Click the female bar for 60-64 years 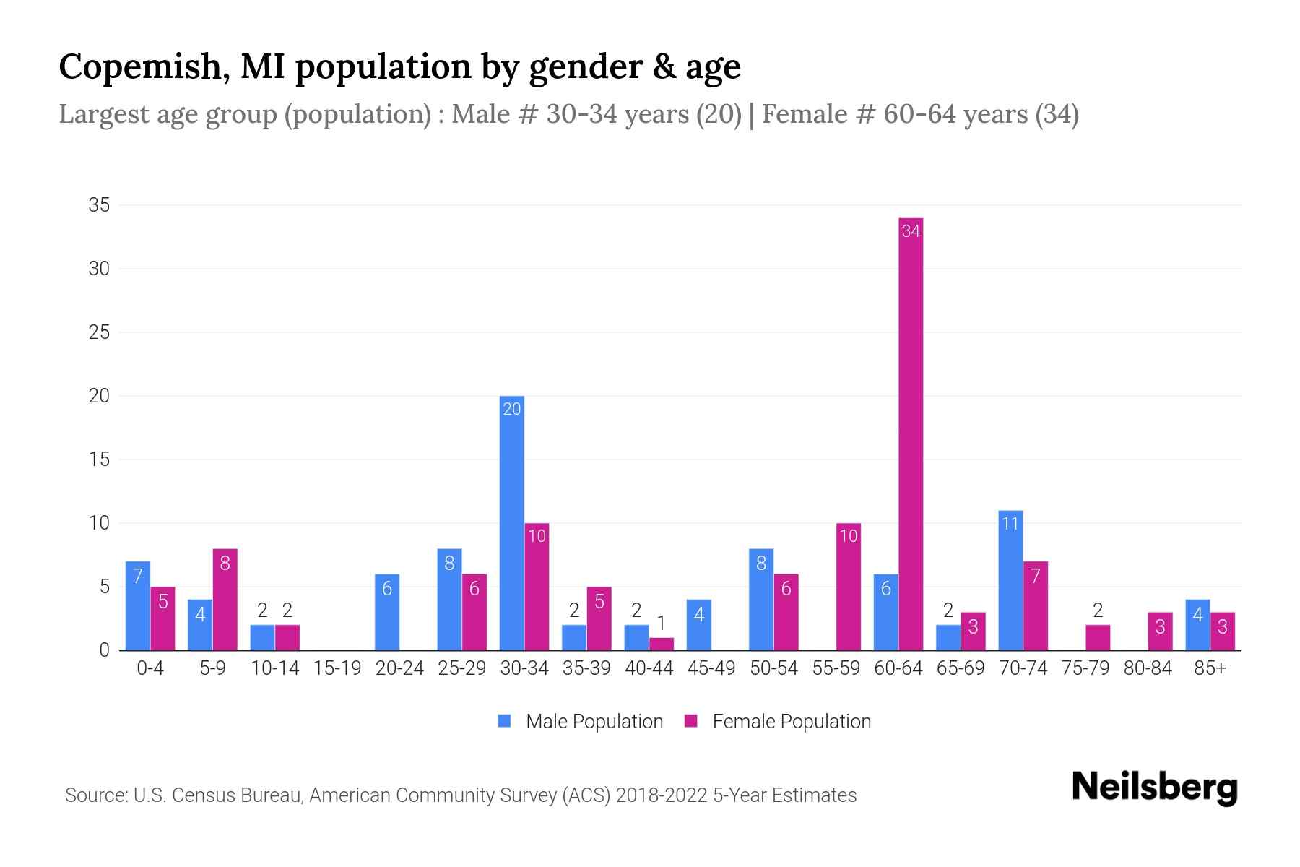pos(911,433)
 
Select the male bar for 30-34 pos(512,523)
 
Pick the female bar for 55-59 pos(849,587)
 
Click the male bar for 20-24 pos(387,612)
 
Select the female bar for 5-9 pos(225,600)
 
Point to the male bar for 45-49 pos(698,625)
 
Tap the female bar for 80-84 pos(1161,631)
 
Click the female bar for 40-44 pos(662,644)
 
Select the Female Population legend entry pos(779,722)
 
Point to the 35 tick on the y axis pos(99,205)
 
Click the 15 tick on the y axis pos(99,460)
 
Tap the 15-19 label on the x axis pos(337,668)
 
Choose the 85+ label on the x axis pos(1210,668)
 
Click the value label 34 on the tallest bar pos(911,231)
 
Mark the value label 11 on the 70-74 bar pos(1010,523)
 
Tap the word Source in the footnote pos(95,795)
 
